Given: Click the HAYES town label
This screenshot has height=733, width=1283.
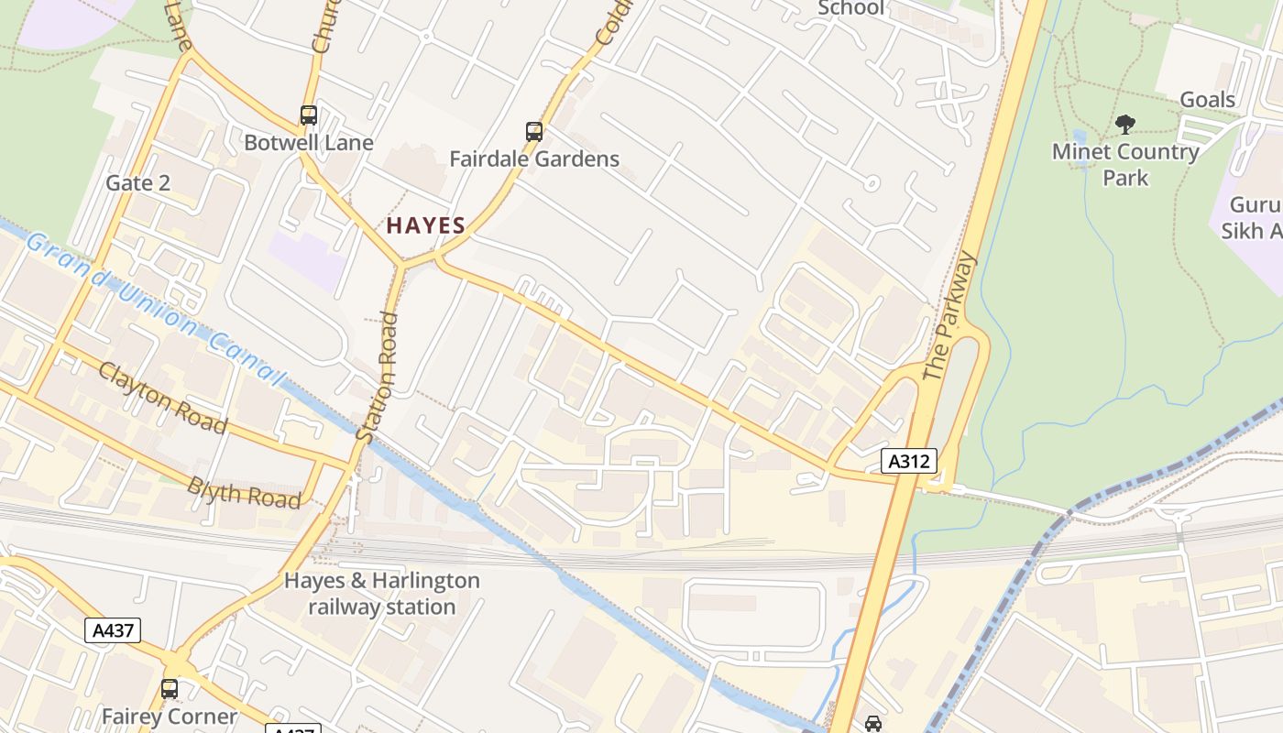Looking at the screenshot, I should pyautogui.click(x=425, y=225).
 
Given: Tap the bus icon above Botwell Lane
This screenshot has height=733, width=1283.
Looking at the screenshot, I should pyautogui.click(x=309, y=115).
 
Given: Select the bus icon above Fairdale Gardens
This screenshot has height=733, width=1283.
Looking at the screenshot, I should pyautogui.click(x=534, y=131).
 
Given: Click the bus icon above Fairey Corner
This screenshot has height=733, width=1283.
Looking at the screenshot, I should pyautogui.click(x=170, y=689).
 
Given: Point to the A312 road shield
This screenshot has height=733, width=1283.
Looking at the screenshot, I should pyautogui.click(x=909, y=461).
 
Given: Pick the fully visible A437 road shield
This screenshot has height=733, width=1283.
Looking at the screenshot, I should pyautogui.click(x=113, y=630).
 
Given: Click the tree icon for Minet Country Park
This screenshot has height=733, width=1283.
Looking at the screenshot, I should pyautogui.click(x=1125, y=124).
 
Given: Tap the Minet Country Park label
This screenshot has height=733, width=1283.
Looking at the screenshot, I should pyautogui.click(x=1125, y=164).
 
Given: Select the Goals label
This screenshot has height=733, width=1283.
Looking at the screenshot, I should pyautogui.click(x=1207, y=99).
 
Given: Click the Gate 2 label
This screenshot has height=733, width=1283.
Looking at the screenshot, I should pyautogui.click(x=137, y=183).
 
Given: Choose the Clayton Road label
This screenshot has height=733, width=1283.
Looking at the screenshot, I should pyautogui.click(x=162, y=398).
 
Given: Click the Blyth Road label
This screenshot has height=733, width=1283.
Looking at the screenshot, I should pyautogui.click(x=244, y=493).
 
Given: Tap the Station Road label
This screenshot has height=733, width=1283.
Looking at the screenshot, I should pyautogui.click(x=377, y=377).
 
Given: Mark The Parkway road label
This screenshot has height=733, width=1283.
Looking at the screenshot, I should pyautogui.click(x=950, y=316).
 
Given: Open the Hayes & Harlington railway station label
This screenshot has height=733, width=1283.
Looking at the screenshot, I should pyautogui.click(x=381, y=594).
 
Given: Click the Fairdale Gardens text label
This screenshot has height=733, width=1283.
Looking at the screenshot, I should pyautogui.click(x=534, y=159).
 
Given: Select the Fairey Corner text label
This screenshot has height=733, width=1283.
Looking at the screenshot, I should pyautogui.click(x=170, y=717).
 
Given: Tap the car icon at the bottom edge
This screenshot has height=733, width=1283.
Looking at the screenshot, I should pyautogui.click(x=873, y=724).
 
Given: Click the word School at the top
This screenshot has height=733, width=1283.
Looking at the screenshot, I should pyautogui.click(x=851, y=8).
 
